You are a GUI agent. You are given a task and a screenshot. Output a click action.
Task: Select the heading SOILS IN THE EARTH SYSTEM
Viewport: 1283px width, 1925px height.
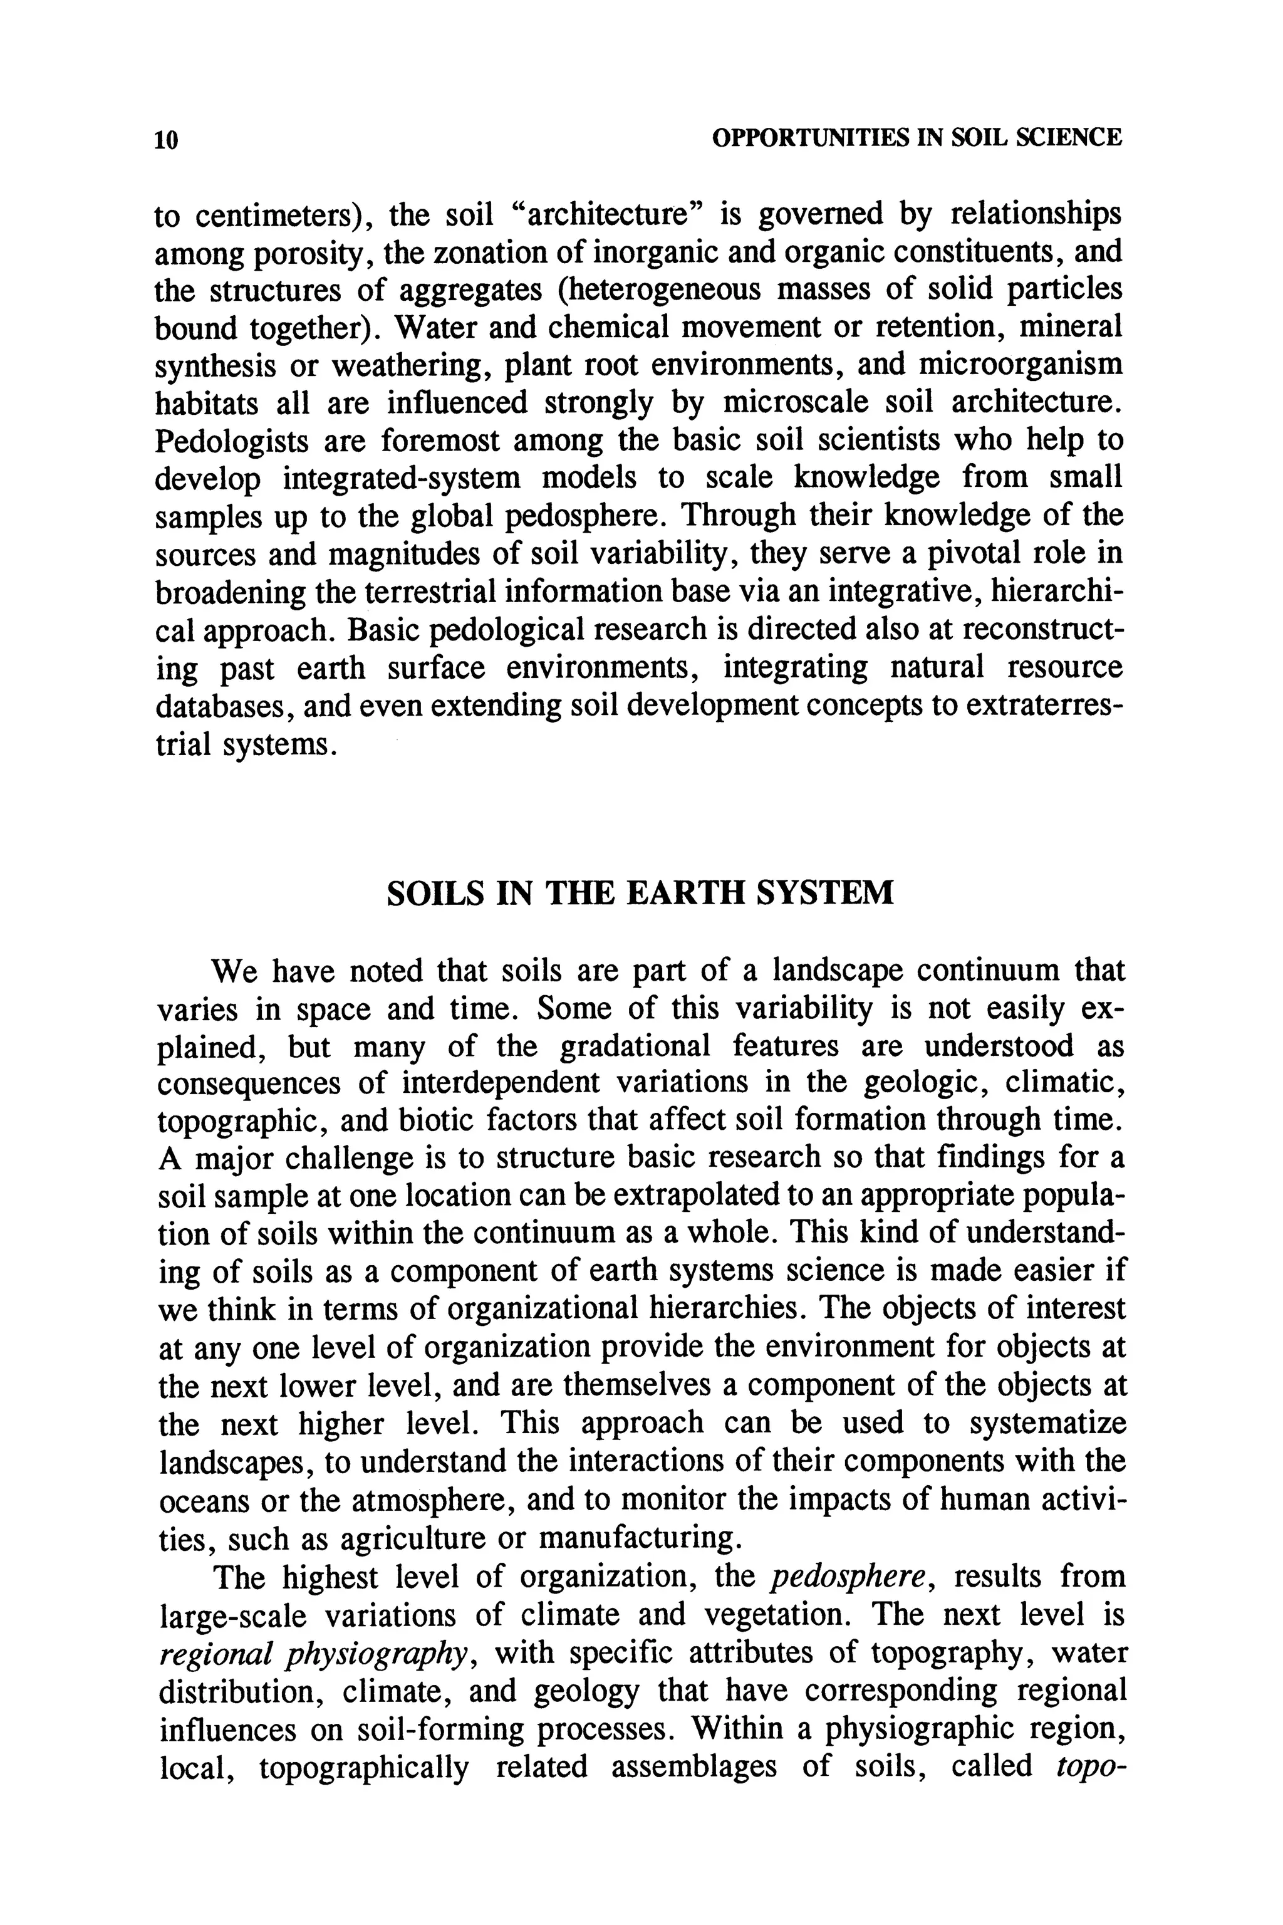640,892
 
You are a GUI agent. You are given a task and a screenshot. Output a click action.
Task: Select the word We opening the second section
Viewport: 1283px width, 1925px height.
236,971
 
